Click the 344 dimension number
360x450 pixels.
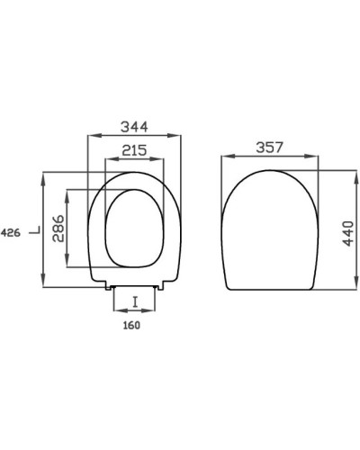coord(134,127)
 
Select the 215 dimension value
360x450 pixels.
coord(134,150)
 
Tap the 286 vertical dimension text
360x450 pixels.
coord(58,229)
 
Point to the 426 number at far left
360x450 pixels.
coord(11,232)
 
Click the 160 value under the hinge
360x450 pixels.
coord(131,325)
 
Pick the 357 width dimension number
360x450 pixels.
coord(269,148)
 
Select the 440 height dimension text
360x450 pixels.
coord(348,233)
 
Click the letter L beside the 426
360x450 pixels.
coord(35,230)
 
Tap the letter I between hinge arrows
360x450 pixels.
coord(135,301)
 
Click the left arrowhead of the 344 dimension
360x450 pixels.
coord(94,136)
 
